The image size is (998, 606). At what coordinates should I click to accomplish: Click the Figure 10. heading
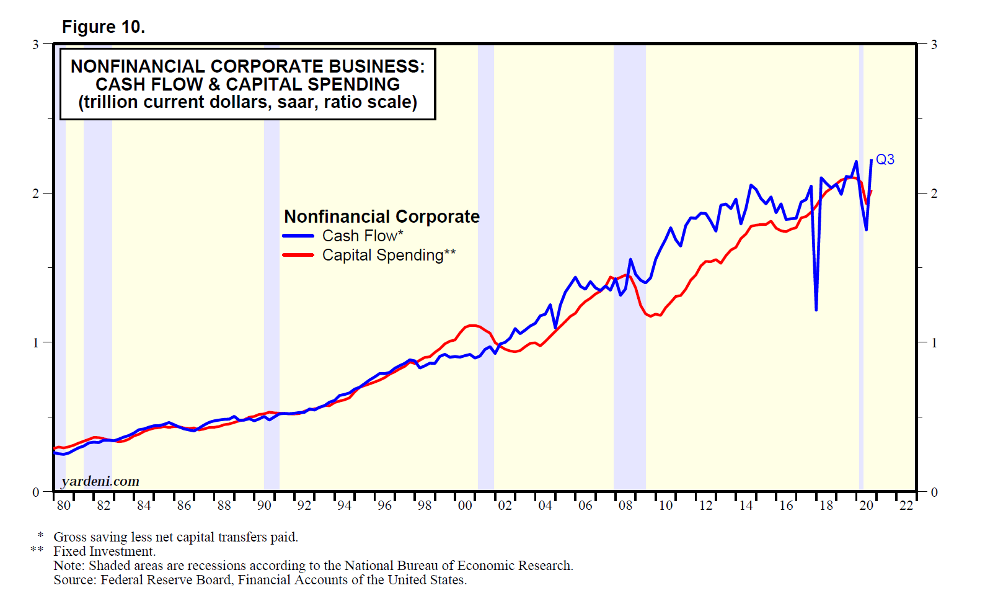pos(104,27)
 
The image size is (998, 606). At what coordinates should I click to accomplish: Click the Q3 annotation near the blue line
pos(885,159)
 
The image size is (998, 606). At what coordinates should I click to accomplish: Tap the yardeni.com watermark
pos(100,481)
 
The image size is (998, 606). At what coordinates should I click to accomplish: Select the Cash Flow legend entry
pos(362,236)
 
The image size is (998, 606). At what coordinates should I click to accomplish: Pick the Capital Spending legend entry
pos(388,255)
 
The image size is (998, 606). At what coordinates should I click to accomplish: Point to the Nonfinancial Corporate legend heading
pos(381,216)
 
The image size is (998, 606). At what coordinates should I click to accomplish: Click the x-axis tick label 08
pos(625,506)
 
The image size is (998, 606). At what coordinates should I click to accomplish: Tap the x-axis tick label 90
pos(264,506)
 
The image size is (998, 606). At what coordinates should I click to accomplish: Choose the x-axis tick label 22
pos(906,506)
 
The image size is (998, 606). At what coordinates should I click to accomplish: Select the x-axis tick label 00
pos(465,506)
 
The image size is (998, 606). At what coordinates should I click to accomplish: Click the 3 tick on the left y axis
pos(35,45)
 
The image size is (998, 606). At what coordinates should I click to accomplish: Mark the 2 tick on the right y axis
pos(934,194)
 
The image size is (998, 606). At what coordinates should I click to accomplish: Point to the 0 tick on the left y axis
pos(35,492)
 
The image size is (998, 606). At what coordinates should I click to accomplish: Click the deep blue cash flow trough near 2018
pos(816,309)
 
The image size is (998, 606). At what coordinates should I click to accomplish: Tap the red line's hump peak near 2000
pos(472,325)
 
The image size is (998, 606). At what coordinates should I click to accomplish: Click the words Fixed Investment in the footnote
pos(104,551)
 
